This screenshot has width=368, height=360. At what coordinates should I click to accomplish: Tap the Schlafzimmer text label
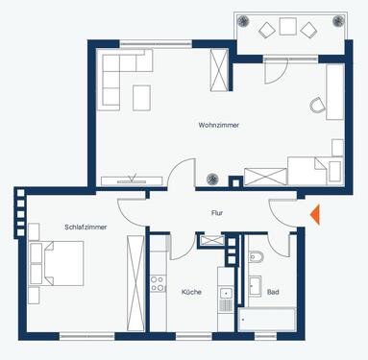86,227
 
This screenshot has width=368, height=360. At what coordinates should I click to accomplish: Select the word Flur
217,214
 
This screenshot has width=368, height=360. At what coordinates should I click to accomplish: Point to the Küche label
190,291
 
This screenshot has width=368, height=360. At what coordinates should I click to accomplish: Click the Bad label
273,291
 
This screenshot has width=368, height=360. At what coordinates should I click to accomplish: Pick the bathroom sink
255,285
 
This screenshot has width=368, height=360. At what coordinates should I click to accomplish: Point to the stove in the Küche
158,283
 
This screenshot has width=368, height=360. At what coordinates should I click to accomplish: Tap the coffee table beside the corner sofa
141,97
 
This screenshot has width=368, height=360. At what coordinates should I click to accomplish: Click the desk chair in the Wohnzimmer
315,107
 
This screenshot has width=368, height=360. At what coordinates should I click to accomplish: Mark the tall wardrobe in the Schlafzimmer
135,278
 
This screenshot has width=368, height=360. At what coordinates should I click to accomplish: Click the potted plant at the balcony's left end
243,27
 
